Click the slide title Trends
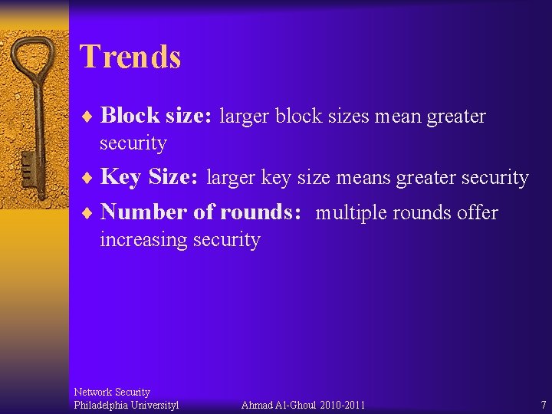point(130,57)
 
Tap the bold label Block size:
point(157,116)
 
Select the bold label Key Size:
point(149,177)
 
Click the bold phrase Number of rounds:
point(201,212)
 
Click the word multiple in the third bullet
point(351,213)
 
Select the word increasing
point(144,240)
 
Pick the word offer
point(477,212)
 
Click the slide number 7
point(543,405)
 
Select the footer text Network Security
point(112,392)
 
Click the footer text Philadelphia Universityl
point(126,405)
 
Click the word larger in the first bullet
point(245,117)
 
